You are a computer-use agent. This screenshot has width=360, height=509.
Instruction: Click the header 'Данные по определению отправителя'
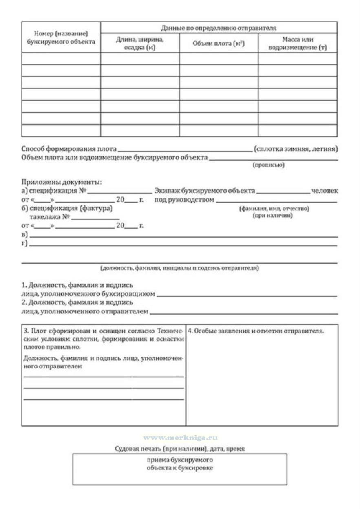[219, 28]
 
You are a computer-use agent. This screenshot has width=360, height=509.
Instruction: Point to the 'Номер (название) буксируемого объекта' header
[61, 37]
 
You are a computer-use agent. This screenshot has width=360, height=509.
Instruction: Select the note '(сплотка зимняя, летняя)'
[296, 149]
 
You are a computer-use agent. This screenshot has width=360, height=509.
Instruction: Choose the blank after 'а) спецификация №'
[119, 192]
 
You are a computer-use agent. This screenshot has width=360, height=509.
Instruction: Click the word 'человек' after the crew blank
[325, 191]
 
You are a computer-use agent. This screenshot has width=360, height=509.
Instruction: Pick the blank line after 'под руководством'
[276, 201]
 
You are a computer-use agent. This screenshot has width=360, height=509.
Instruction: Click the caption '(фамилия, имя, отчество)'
[274, 209]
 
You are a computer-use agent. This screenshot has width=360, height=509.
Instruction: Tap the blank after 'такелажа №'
[95, 218]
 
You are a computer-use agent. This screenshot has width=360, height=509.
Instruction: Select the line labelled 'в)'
[183, 236]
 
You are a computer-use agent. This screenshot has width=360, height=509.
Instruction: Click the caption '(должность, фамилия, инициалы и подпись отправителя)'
[179, 268]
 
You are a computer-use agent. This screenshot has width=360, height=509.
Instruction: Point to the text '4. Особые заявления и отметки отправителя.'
[256, 331]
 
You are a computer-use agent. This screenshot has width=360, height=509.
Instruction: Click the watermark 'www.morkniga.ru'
[180, 438]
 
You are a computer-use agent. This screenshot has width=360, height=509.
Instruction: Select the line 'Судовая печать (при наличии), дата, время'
[180, 449]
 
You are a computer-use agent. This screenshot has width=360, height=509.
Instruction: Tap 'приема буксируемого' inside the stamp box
[180, 460]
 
